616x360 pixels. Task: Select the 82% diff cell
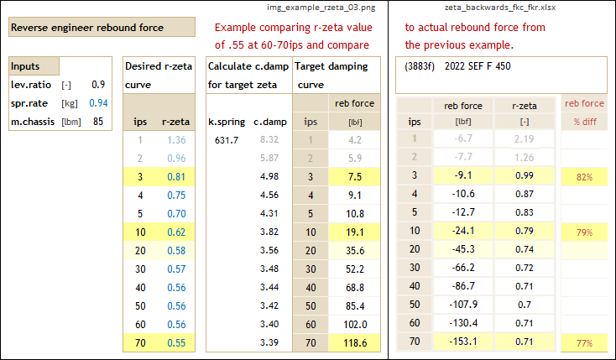(x=583, y=177)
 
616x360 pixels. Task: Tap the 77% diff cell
(x=583, y=342)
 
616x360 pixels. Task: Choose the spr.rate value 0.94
(x=98, y=103)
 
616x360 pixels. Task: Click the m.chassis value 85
(x=98, y=122)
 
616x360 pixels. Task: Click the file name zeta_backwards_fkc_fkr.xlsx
(x=501, y=8)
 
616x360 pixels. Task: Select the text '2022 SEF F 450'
(x=478, y=65)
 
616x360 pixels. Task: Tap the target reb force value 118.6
(x=356, y=342)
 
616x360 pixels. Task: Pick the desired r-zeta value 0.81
(x=176, y=177)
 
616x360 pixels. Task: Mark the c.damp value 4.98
(x=269, y=176)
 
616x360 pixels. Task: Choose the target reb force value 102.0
(x=356, y=324)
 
